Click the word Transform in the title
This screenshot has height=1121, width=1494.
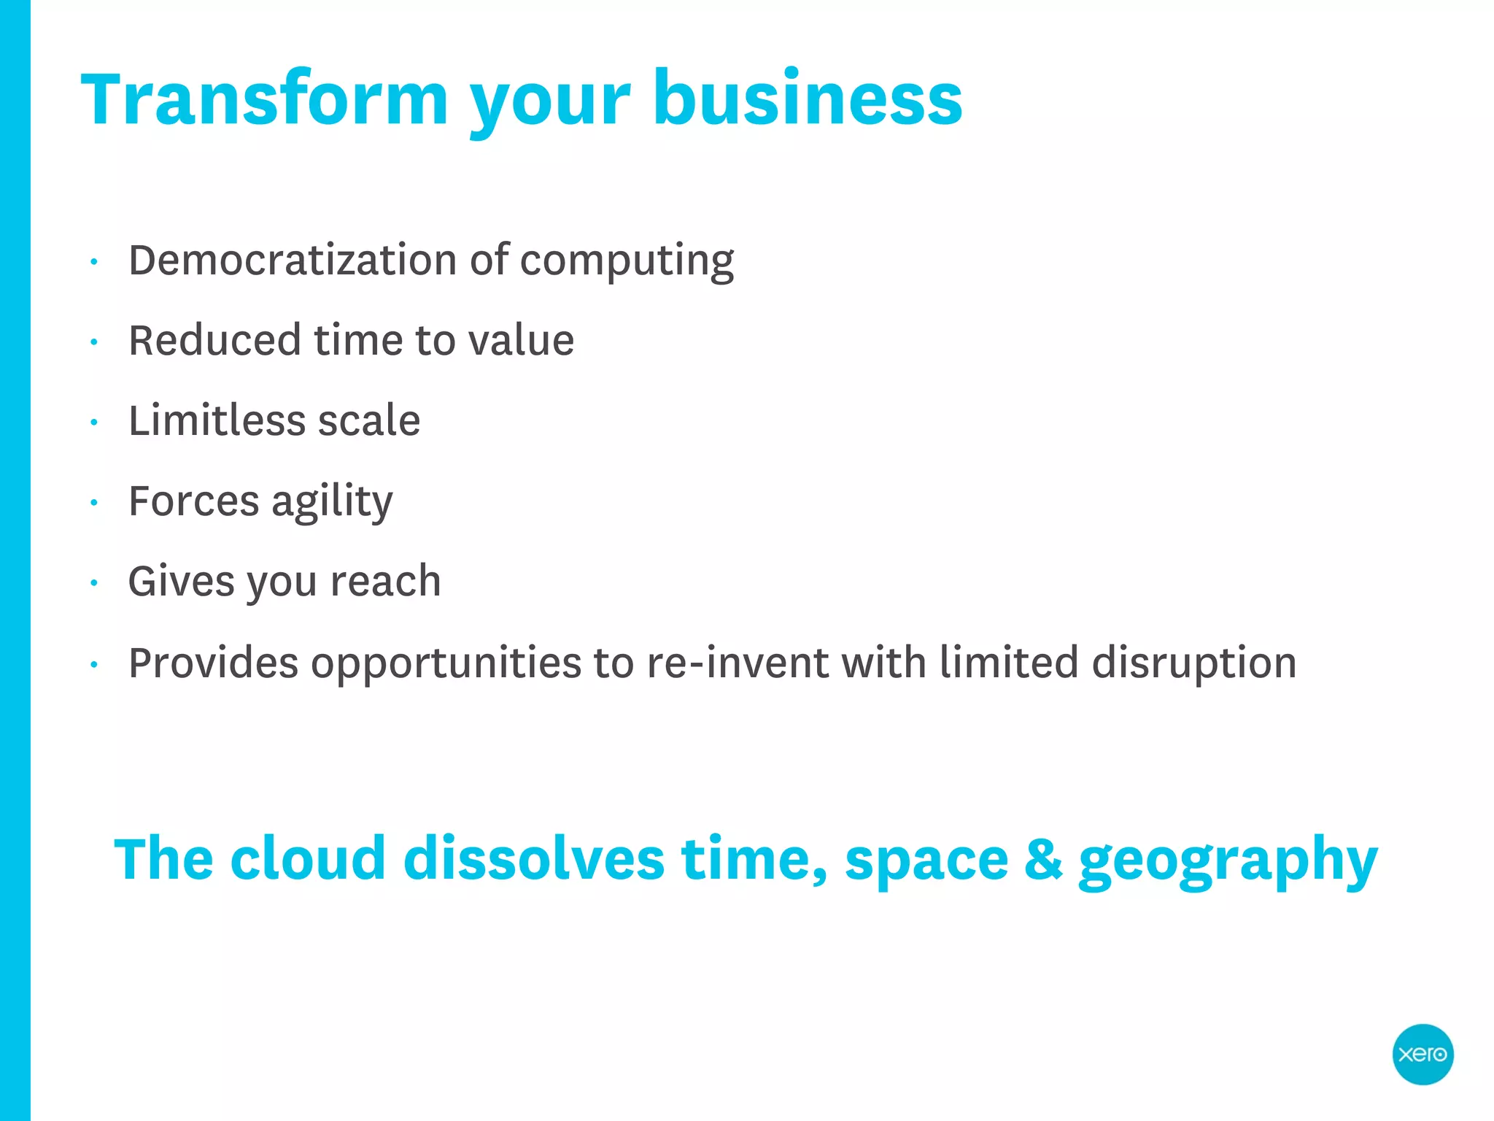pyautogui.click(x=264, y=99)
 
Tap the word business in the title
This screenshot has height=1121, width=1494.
pyautogui.click(x=808, y=99)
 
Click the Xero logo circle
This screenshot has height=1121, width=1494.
pyautogui.click(x=1422, y=1054)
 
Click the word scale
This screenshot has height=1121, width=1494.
pyautogui.click(x=368, y=420)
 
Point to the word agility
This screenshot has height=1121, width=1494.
pyautogui.click(x=332, y=502)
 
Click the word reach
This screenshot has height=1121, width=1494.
pyautogui.click(x=385, y=581)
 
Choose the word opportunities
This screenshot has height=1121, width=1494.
pyautogui.click(x=446, y=663)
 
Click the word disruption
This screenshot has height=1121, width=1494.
pyautogui.click(x=1193, y=663)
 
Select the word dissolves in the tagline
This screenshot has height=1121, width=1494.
pyautogui.click(x=533, y=859)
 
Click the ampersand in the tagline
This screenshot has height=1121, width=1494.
pyautogui.click(x=1043, y=859)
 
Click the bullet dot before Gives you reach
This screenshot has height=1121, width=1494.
pyautogui.click(x=94, y=583)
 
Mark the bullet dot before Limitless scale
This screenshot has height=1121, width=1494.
pyautogui.click(x=94, y=422)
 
